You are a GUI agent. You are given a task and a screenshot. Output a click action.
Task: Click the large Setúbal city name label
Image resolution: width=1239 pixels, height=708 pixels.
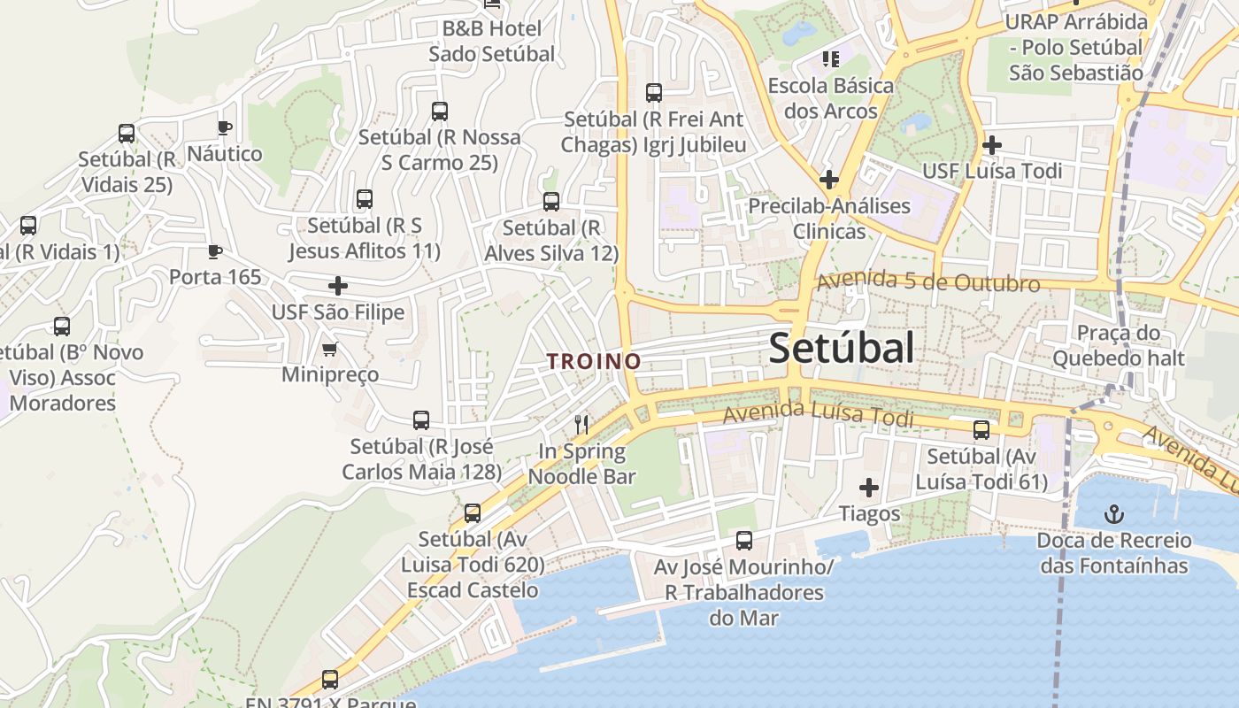841,349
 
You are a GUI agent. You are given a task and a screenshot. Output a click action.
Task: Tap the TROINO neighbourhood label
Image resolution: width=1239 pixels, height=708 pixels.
594,361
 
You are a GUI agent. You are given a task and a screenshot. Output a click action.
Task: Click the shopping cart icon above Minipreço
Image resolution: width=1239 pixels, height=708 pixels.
329,350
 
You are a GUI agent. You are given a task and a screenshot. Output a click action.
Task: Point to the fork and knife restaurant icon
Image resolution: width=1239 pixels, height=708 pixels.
581,425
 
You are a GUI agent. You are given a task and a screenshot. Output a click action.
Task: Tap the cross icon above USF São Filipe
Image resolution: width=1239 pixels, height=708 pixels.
338,286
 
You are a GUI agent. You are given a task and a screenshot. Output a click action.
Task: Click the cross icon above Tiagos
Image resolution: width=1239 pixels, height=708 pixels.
869,488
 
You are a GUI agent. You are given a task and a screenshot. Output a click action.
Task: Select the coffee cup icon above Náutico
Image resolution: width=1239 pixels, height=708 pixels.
225,127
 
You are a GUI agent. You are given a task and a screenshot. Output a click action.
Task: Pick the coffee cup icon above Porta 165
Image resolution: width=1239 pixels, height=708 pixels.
214,251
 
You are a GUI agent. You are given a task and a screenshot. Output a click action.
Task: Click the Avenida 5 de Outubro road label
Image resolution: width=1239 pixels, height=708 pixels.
927,282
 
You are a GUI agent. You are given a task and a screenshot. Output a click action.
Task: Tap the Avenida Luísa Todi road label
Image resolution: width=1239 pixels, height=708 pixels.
818,414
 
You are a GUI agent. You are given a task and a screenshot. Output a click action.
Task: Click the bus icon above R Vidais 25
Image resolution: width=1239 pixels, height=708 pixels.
127,134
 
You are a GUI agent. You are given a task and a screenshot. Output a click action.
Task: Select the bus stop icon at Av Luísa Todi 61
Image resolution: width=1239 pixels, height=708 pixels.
981,430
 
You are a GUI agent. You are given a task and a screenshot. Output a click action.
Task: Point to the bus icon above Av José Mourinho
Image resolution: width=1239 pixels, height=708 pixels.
744,540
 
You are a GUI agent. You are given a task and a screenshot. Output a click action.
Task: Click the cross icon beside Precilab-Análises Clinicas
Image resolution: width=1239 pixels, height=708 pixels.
828,180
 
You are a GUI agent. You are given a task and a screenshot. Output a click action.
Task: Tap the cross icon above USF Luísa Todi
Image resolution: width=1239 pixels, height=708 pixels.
992,144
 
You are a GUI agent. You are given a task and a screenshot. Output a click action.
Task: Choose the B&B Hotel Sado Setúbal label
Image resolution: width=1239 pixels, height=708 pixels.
492,41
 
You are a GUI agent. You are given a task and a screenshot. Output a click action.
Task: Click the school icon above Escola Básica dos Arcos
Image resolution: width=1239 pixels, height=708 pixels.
830,59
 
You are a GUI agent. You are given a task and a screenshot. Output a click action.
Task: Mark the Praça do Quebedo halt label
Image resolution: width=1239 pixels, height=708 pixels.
1118,345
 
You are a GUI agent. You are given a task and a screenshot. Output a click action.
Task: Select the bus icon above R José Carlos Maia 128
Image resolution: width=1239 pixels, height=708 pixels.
421,419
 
